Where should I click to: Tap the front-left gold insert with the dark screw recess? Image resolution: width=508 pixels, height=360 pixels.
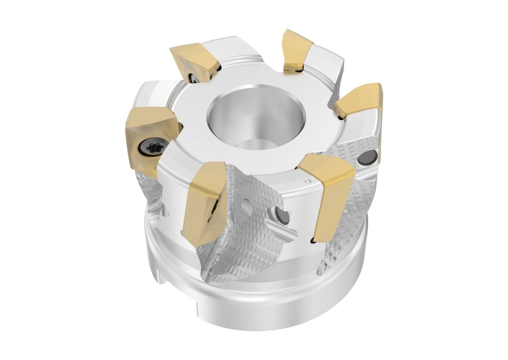[x=203, y=201]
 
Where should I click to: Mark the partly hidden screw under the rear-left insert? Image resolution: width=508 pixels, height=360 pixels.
[x=192, y=78]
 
